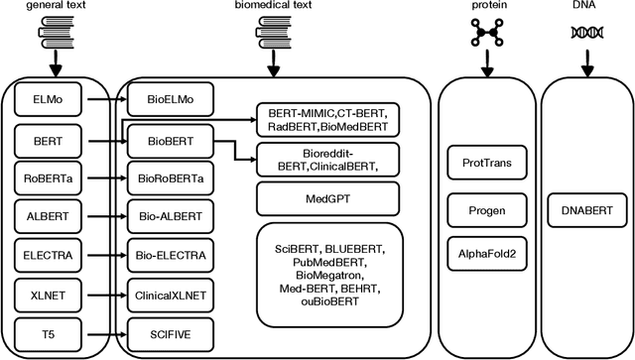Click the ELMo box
46,100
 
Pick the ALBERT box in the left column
46,216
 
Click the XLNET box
46,295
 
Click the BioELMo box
167,100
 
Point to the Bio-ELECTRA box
167,256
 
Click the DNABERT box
581,209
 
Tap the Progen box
485,209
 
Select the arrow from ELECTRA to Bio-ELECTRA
97,256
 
